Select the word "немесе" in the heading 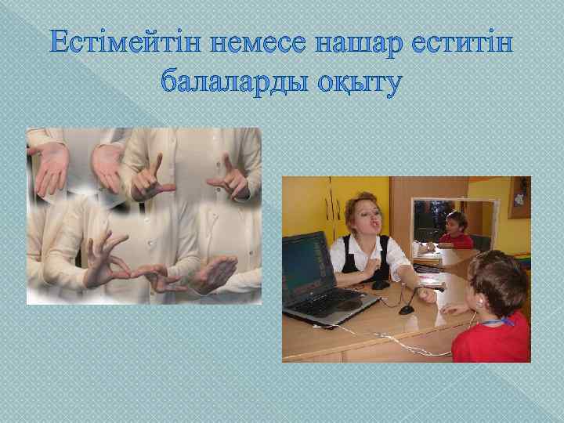[262, 45]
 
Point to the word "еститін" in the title [462, 45]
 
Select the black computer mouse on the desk [381, 284]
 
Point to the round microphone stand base [407, 309]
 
